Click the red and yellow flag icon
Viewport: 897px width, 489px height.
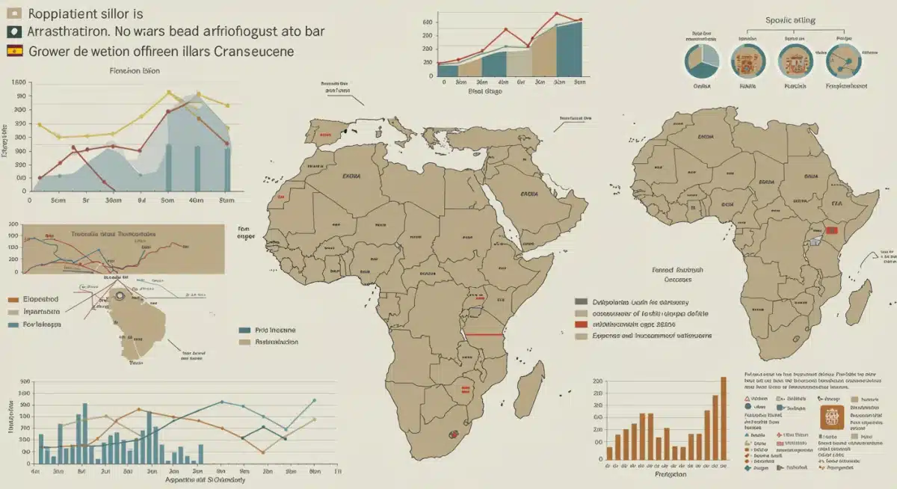click(14, 52)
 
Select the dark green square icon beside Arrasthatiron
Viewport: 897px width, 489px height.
click(13, 32)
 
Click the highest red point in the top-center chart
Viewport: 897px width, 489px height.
click(557, 13)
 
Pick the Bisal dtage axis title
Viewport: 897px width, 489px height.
click(484, 91)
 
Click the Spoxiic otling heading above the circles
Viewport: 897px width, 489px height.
click(791, 19)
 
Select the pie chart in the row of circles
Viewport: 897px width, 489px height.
click(702, 61)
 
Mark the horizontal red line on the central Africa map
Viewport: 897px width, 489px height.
click(482, 334)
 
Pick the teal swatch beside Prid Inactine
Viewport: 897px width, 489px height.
click(244, 330)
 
